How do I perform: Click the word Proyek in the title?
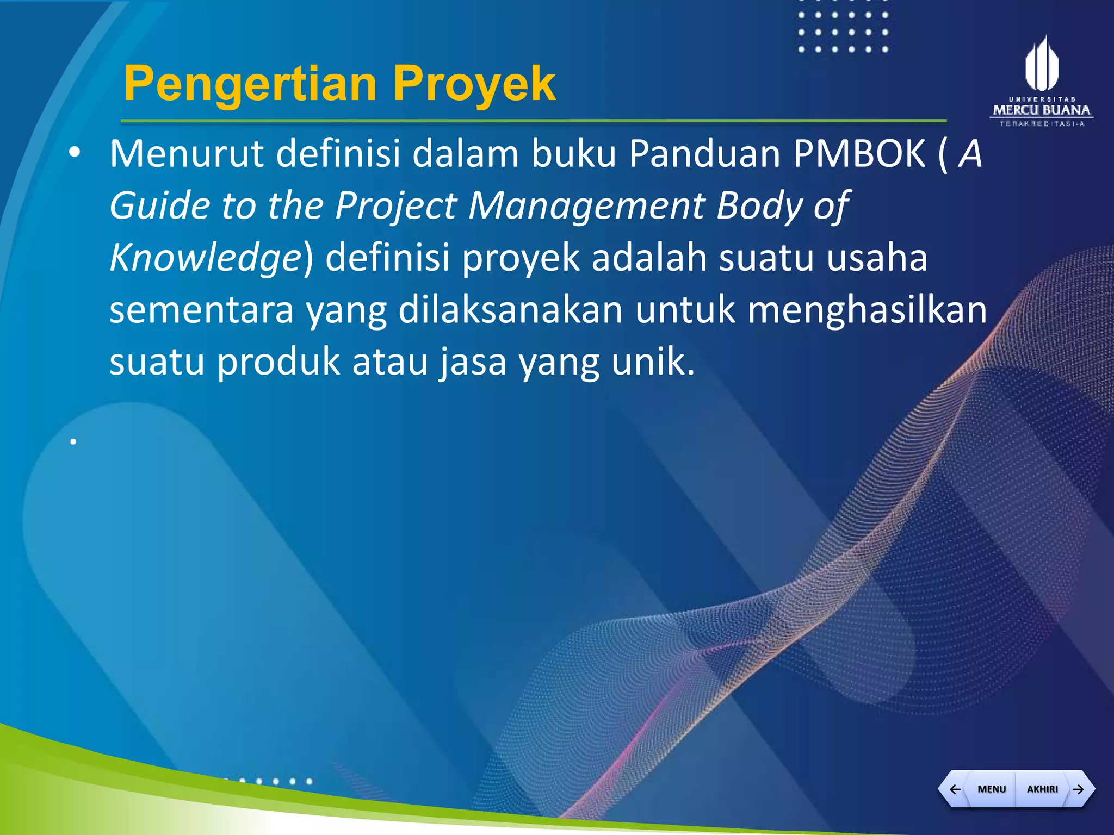pos(474,84)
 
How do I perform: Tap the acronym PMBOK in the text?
pos(859,154)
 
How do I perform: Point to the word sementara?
pos(201,310)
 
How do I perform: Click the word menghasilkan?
pos(867,310)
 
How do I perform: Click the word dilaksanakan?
pos(510,310)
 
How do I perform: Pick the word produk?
pos(278,362)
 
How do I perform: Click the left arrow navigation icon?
pos(955,789)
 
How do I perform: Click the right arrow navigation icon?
pos(1079,789)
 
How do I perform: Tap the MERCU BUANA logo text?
pos(1042,110)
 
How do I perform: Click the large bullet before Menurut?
pos(75,154)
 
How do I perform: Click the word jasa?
pos(473,362)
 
